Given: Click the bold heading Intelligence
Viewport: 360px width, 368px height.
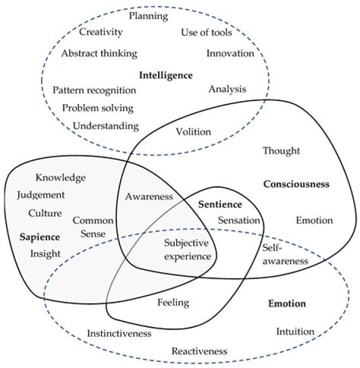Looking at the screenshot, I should (x=165, y=75).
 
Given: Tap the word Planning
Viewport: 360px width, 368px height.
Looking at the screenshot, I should (x=148, y=16).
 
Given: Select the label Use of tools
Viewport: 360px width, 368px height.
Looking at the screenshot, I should (x=206, y=33).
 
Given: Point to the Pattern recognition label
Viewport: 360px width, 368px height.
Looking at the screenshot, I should (x=94, y=90).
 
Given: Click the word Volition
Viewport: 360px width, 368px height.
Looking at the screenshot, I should (x=193, y=132).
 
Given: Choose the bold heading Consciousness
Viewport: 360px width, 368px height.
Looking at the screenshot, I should (x=296, y=184).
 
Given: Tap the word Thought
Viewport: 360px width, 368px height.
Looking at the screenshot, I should (x=281, y=150).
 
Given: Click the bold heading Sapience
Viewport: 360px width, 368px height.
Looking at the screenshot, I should (x=40, y=236).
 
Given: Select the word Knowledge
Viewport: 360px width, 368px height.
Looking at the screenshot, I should (x=61, y=177).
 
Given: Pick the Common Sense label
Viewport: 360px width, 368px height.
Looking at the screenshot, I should (x=93, y=227).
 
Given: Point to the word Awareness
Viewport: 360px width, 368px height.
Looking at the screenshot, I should (x=149, y=196).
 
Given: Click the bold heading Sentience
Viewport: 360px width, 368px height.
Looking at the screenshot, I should (x=220, y=204).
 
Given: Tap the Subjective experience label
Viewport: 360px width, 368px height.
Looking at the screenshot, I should (x=187, y=250).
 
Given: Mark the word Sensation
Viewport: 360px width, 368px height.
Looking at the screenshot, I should (x=239, y=220).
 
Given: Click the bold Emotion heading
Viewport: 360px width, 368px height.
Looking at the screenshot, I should (x=287, y=303).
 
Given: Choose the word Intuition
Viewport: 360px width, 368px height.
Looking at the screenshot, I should (x=295, y=331).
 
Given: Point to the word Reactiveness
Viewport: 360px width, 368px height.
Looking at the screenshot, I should (x=199, y=350).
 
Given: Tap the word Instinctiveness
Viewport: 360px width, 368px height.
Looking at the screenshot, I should (x=119, y=333).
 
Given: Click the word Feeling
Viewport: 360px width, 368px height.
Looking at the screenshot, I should (x=173, y=302).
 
